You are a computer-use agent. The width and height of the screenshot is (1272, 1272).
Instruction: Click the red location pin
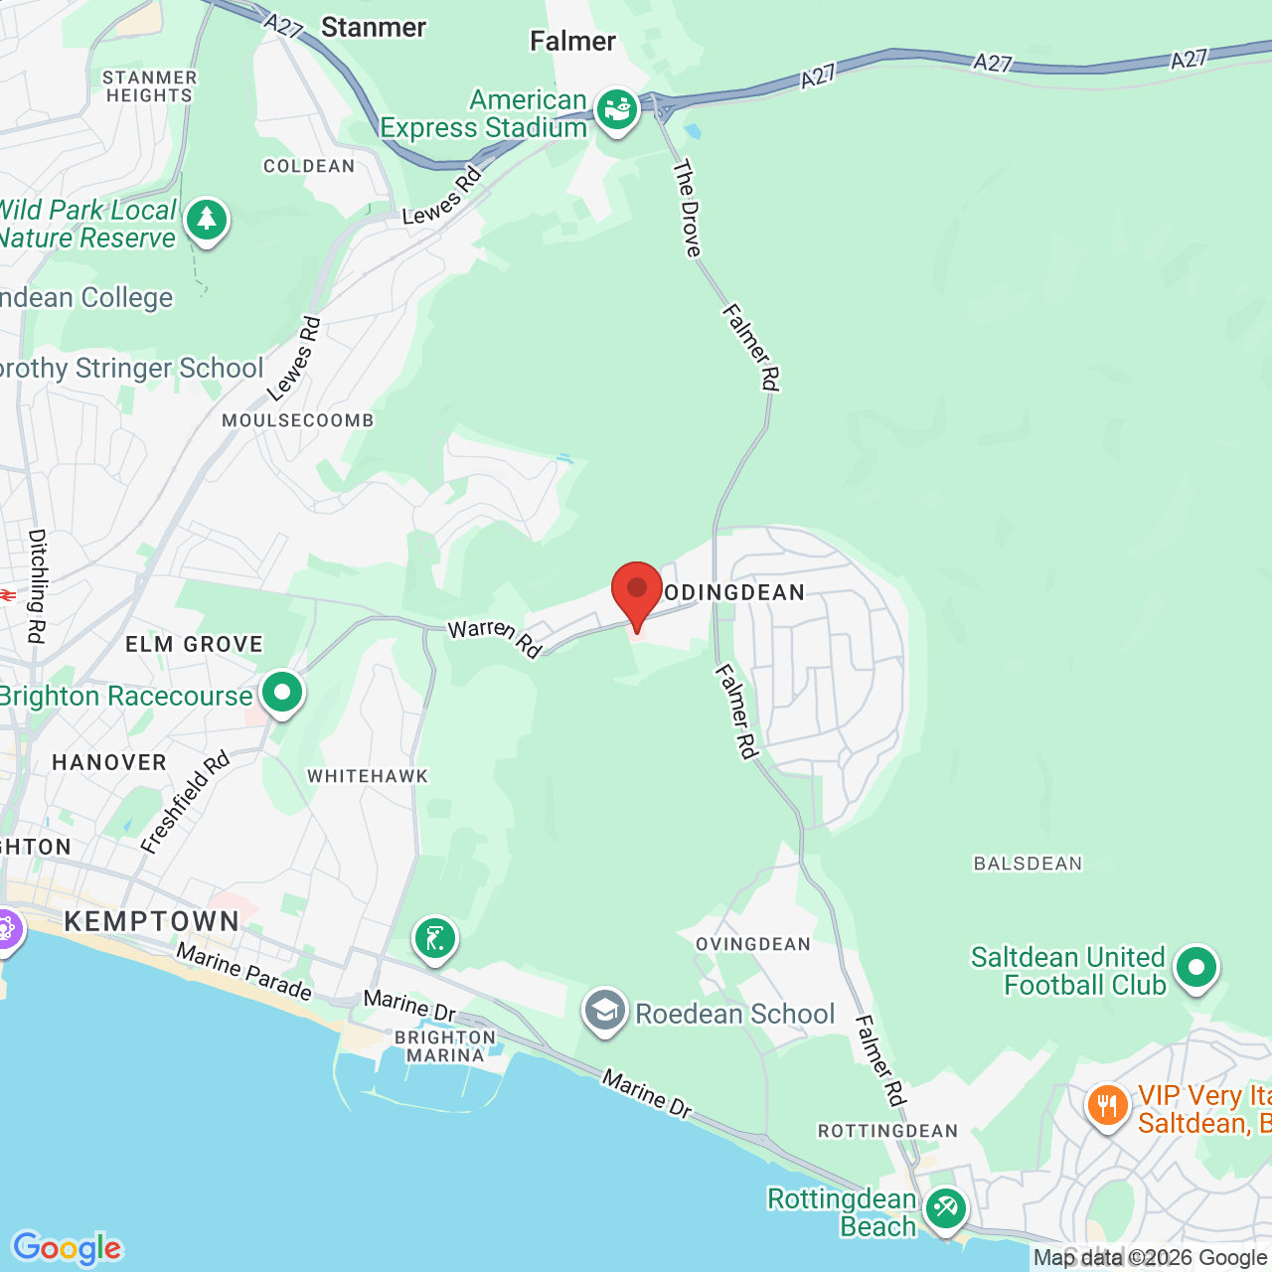coord(636,592)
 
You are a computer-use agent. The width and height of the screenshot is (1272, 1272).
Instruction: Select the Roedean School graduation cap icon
coord(604,1012)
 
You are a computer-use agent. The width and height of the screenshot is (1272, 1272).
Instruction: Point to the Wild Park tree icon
coord(206,219)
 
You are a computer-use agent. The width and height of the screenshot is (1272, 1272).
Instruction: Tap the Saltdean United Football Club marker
coord(1195,967)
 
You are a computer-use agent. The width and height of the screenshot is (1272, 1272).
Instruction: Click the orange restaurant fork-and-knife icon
coord(1107,1105)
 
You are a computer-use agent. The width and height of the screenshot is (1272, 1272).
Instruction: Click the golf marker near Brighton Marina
coord(434,937)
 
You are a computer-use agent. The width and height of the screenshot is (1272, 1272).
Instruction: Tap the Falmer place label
coord(572,41)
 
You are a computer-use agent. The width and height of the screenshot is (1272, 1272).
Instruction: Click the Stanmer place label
coord(374,28)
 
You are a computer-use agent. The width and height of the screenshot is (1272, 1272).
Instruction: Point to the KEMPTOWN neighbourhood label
coord(152,921)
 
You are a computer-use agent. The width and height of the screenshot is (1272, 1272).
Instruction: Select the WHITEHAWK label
coord(368,776)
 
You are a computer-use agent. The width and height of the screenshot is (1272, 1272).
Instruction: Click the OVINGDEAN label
coord(753,944)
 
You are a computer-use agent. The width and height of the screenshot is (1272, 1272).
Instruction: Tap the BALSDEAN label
coord(1028,864)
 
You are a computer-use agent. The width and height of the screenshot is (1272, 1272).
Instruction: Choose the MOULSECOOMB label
coord(298,420)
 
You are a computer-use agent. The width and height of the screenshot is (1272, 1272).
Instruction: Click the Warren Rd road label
coord(495,638)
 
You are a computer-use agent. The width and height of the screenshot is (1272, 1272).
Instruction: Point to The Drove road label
coord(687,208)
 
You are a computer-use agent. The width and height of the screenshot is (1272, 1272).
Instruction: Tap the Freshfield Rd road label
coord(185,802)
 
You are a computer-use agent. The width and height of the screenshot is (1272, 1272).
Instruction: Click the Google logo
coord(67,1248)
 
